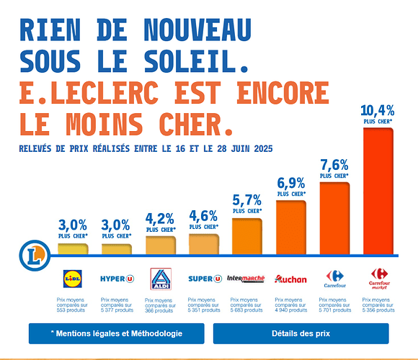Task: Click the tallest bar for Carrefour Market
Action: (x=378, y=191)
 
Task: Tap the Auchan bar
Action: (x=290, y=228)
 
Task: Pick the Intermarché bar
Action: (x=246, y=236)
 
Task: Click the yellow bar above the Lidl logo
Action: (x=72, y=249)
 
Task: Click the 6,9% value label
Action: (x=290, y=183)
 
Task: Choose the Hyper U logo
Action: (x=117, y=278)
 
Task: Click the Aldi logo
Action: (x=160, y=279)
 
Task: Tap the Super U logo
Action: (x=204, y=278)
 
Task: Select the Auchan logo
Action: (x=290, y=279)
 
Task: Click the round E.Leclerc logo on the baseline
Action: (x=31, y=254)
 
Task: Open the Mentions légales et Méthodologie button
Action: (x=116, y=333)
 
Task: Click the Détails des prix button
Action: (x=301, y=333)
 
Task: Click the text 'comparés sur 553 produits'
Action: (x=73, y=306)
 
